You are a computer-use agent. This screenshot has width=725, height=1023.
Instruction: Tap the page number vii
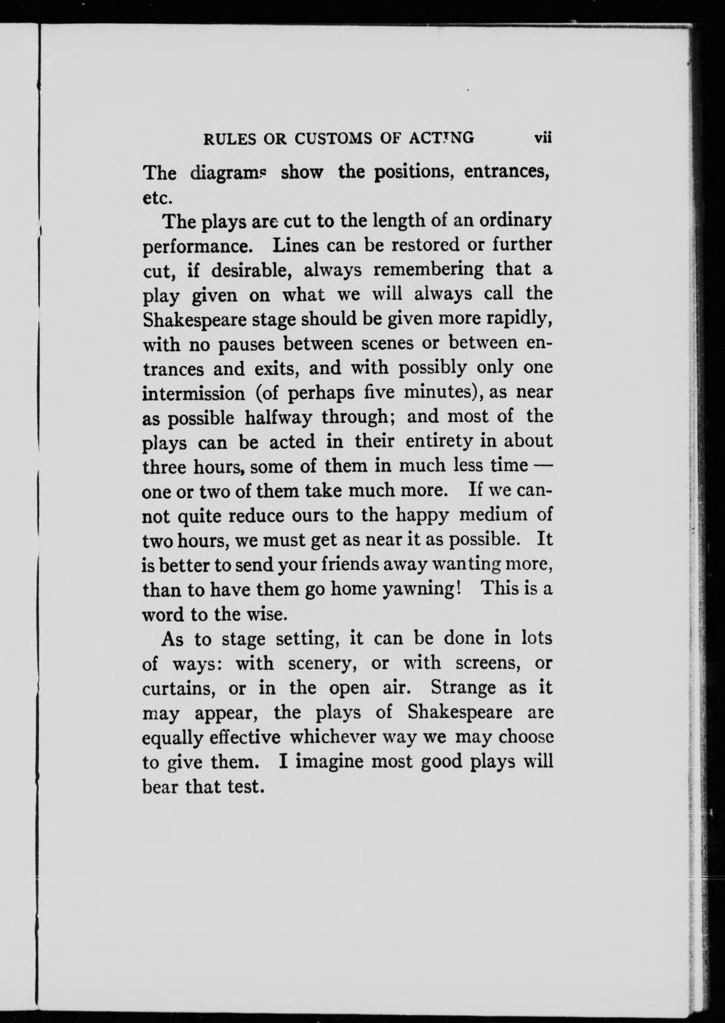coord(543,138)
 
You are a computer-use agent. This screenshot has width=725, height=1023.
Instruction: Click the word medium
coord(494,515)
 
